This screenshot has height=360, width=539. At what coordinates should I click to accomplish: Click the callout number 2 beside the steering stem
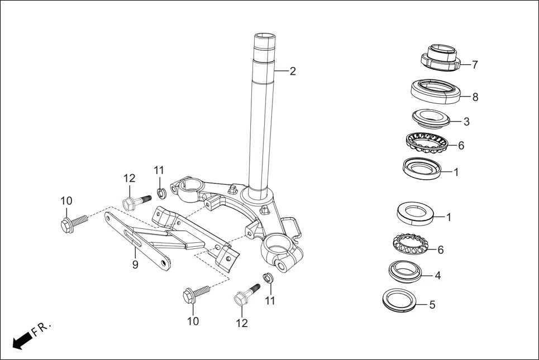coord(293,71)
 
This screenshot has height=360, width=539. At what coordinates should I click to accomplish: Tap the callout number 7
coord(475,65)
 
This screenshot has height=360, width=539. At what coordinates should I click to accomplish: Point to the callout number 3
coord(466,121)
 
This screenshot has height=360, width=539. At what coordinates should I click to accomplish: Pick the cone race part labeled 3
coord(431,119)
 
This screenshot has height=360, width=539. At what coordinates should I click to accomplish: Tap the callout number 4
coord(438,275)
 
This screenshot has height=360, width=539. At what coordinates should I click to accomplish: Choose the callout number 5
coord(432,305)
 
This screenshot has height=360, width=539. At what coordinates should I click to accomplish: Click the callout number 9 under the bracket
coord(135,265)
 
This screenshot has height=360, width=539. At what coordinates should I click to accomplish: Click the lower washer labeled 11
coord(268,277)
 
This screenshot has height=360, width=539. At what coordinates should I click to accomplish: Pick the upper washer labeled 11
coord(162,194)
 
